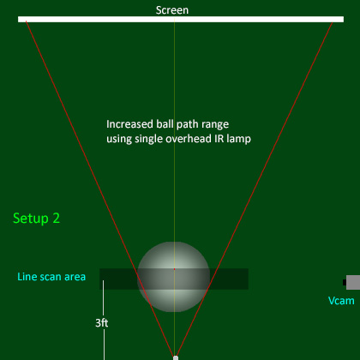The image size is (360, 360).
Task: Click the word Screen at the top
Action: [172, 10]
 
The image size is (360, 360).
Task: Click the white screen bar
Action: [181, 19]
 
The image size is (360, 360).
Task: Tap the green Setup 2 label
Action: [36, 219]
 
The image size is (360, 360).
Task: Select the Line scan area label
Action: [51, 277]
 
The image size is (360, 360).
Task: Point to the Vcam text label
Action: [341, 301]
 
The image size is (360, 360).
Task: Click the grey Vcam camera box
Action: [353, 282]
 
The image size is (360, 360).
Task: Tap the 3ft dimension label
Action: [102, 323]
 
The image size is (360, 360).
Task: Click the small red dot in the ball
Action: [174, 269]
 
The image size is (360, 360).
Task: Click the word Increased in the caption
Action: [129, 124]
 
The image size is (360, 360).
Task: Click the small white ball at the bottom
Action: [176, 357]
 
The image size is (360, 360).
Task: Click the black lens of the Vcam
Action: [345, 282]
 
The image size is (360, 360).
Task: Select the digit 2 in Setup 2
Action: [57, 219]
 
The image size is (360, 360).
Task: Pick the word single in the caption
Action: [148, 139]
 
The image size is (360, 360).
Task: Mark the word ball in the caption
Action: [165, 124]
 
